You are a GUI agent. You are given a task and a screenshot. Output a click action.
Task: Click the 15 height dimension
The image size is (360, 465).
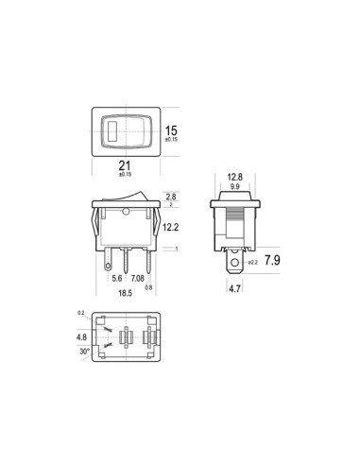click(x=171, y=130)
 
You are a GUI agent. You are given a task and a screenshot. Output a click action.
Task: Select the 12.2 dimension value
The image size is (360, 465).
click(x=171, y=228)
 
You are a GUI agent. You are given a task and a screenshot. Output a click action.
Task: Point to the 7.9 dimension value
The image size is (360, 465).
click(x=272, y=260)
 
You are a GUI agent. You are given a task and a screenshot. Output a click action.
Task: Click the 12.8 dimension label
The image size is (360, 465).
click(x=236, y=176)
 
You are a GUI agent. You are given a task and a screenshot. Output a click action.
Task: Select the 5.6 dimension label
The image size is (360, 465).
click(x=117, y=279)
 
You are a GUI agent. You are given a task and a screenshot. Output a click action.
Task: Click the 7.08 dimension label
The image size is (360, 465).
click(x=138, y=279)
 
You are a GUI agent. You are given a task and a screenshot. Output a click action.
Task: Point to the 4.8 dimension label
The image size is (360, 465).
click(x=81, y=336)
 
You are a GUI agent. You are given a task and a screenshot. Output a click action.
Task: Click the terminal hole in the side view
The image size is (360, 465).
click(x=233, y=260)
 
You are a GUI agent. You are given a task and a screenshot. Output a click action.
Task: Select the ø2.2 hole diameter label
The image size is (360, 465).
click(x=253, y=261)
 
